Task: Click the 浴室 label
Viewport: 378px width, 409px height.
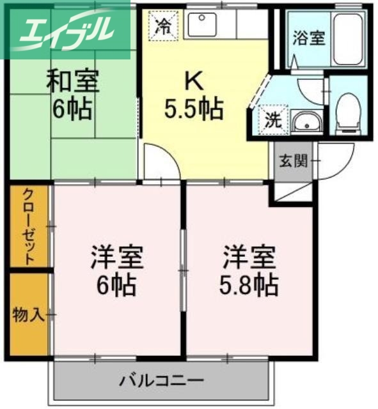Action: (x=308, y=38)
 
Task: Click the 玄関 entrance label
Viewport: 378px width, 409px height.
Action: (x=291, y=160)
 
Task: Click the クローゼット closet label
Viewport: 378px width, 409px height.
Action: (x=29, y=227)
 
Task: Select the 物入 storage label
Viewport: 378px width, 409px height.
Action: (x=28, y=314)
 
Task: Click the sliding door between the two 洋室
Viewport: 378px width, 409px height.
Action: (x=183, y=268)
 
